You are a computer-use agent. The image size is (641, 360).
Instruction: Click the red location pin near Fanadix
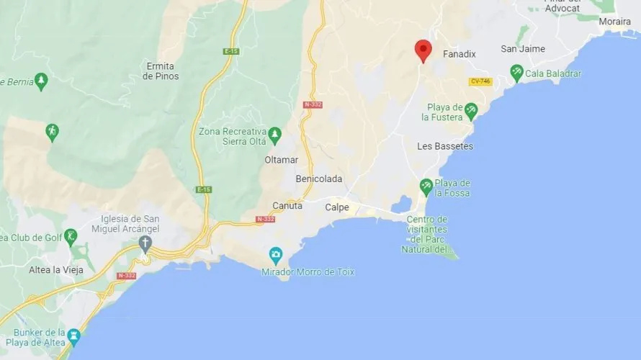pos(423,50)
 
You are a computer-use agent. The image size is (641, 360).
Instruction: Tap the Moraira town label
pos(614,21)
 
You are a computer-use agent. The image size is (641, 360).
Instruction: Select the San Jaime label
pos(523,49)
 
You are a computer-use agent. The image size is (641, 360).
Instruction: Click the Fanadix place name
pos(460,54)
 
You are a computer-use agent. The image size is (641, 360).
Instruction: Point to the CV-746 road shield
pos(480,81)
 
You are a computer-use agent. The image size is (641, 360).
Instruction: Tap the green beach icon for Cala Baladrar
pos(516,73)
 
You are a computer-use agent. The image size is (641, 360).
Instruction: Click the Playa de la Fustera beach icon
pos(470,111)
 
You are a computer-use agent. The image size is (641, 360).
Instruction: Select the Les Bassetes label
pos(445,146)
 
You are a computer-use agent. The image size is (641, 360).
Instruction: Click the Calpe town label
pos(337,207)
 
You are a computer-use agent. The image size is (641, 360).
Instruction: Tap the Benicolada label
pos(319,179)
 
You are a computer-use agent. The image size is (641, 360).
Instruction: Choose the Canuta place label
pos(287,206)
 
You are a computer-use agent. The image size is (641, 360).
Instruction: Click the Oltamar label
pos(281,159)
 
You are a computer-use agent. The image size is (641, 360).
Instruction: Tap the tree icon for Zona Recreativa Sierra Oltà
pos(274,134)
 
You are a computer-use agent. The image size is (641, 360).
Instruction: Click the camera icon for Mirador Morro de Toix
pos(275,255)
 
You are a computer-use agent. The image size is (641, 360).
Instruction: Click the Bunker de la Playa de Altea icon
pos(73,336)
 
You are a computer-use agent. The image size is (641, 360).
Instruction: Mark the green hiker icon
pos(52,132)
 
